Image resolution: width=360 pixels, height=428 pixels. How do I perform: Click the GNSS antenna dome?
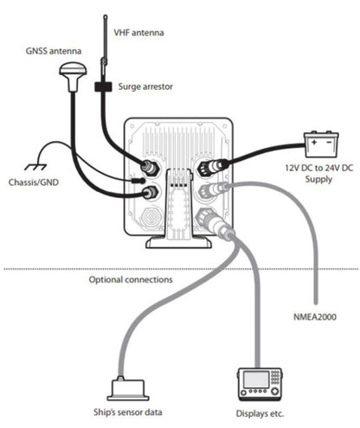(73, 71)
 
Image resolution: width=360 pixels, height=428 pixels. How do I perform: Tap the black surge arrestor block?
(103, 86)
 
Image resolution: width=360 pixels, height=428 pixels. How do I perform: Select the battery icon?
(321, 144)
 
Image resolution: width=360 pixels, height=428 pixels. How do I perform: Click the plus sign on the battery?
(314, 143)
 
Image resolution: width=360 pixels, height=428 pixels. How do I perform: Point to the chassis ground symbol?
(35, 167)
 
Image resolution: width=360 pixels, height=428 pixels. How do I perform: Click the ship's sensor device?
(128, 389)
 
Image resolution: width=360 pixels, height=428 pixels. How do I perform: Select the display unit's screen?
(256, 380)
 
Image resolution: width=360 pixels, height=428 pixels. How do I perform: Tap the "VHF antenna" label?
(138, 32)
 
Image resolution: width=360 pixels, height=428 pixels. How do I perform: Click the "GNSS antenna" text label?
(54, 51)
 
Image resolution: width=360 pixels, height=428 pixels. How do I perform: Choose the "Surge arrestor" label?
(145, 86)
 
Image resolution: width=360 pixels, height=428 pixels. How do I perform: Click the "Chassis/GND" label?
(34, 182)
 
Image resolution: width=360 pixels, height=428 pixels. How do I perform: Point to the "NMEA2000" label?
(315, 317)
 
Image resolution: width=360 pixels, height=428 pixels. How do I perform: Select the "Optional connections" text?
(131, 279)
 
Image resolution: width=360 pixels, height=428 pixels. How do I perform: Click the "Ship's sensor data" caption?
(127, 412)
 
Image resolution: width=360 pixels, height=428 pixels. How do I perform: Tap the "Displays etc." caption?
(260, 413)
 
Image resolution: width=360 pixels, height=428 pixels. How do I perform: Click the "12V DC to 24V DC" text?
(319, 168)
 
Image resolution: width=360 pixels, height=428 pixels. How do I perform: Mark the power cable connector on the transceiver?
(213, 167)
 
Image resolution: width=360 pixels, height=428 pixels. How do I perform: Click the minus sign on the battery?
(329, 143)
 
